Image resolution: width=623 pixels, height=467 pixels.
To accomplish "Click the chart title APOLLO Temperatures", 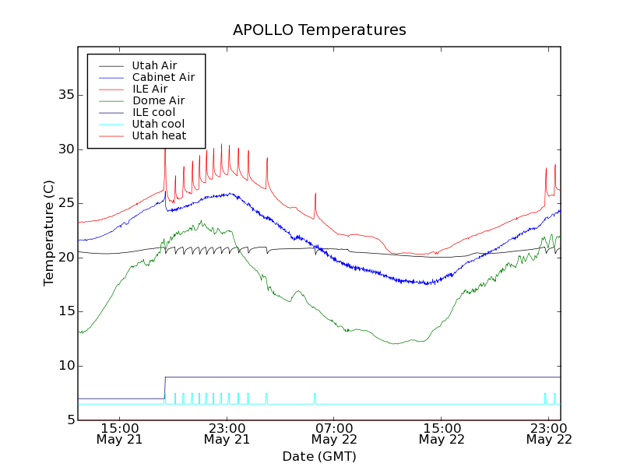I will (x=319, y=30).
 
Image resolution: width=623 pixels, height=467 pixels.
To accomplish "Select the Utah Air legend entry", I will (x=154, y=65).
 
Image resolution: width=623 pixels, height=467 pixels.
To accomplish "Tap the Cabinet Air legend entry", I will (x=163, y=77).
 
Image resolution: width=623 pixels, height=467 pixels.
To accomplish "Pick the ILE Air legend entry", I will (x=149, y=89).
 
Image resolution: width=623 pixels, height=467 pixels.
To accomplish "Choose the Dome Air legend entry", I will (x=158, y=100).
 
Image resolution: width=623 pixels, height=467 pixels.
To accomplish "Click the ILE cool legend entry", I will (x=153, y=112).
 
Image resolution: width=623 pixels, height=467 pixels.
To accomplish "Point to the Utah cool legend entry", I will (x=158, y=124).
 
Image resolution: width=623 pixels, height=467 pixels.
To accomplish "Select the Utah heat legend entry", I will (x=159, y=135).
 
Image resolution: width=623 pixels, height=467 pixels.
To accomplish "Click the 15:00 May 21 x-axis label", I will (x=119, y=434).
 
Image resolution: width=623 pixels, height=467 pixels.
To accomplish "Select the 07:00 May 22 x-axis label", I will (x=334, y=434).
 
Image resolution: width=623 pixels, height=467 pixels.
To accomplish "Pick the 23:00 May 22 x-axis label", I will (x=549, y=434).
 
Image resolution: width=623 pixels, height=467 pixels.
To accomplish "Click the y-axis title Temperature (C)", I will (x=49, y=233).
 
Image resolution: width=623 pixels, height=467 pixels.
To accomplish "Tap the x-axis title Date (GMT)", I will (x=319, y=456).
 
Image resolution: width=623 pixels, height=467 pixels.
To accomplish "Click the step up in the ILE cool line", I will (x=164, y=388).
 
